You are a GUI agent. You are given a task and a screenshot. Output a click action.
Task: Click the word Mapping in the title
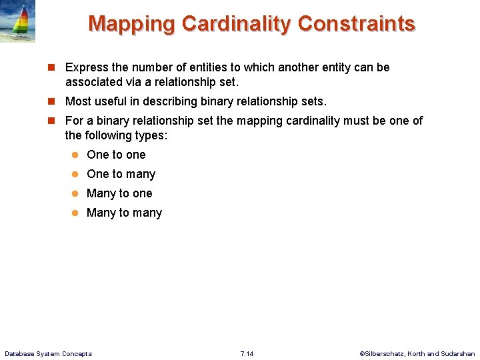132,24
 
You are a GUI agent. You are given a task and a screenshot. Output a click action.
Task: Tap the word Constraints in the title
357,24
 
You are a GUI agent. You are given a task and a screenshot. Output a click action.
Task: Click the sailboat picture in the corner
17,21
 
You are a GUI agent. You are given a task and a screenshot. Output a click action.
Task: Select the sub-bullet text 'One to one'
116,155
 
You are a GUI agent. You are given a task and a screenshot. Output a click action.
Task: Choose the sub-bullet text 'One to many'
121,174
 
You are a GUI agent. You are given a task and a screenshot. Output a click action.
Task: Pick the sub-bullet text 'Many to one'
119,193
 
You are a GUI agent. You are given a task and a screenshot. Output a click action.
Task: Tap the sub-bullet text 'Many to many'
124,213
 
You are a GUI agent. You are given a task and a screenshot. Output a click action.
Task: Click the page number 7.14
247,353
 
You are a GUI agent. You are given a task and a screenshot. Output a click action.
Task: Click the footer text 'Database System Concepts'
49,353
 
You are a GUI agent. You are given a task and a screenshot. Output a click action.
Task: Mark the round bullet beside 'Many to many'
76,213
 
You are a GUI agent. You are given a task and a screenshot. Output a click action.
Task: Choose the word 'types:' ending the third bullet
153,135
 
